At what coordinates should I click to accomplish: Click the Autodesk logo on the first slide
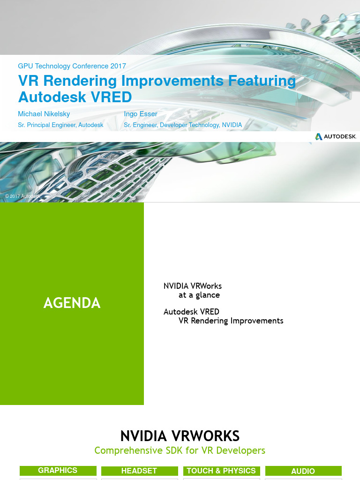click(336, 136)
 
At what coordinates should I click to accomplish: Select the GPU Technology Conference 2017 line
click(72, 66)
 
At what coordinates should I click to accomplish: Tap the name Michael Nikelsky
click(44, 114)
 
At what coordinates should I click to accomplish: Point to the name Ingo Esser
click(141, 114)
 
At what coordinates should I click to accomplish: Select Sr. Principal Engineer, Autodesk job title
click(60, 125)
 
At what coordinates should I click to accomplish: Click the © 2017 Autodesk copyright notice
click(22, 196)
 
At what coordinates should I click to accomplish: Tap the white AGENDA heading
click(72, 303)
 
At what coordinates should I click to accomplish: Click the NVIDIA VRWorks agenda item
click(193, 286)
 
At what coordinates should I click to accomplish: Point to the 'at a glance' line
click(199, 295)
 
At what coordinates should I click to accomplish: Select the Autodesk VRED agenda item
click(191, 312)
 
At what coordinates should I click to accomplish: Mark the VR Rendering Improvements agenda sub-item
click(231, 321)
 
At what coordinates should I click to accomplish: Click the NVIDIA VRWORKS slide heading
click(180, 436)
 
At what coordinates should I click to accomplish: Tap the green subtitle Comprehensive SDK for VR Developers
click(180, 450)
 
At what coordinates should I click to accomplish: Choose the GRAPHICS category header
click(58, 471)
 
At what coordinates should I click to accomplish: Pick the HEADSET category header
click(139, 471)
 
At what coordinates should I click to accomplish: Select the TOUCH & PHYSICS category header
click(221, 471)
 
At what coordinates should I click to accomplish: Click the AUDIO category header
click(303, 472)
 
